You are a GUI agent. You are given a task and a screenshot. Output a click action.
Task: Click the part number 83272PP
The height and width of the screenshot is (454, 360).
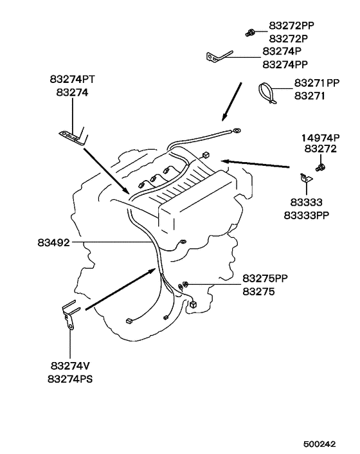tap(291, 26)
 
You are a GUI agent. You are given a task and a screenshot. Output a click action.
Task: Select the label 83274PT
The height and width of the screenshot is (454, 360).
tap(72, 79)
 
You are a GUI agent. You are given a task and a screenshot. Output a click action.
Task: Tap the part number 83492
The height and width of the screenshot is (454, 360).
tap(54, 242)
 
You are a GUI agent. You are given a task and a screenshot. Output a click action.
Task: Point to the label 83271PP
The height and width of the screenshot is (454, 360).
tap(317, 83)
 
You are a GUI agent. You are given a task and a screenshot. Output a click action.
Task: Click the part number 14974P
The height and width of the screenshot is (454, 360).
tap(321, 138)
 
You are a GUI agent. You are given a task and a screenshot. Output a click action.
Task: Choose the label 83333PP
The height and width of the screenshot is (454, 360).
tap(307, 215)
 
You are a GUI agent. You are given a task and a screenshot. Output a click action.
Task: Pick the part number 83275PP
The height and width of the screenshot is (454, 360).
tap(265, 278)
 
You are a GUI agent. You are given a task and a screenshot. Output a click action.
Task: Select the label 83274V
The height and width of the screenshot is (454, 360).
tap(70, 366)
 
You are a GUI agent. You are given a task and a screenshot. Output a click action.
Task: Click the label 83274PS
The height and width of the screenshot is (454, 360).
tap(70, 379)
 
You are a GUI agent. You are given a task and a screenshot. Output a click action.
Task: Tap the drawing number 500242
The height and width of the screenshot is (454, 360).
tap(319, 444)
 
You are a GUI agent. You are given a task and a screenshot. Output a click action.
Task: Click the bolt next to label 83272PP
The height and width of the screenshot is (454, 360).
tap(249, 33)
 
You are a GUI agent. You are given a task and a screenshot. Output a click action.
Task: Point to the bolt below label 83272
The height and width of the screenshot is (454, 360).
tap(320, 167)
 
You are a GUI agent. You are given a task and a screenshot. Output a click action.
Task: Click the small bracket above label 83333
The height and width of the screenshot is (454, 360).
tap(305, 178)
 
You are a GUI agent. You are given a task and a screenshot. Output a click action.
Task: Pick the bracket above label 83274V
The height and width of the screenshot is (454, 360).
tap(69, 314)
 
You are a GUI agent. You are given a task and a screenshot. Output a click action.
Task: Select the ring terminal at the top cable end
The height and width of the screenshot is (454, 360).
tap(236, 131)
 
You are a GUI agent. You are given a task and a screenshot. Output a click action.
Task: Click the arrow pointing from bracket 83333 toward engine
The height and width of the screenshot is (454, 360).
tap(255, 163)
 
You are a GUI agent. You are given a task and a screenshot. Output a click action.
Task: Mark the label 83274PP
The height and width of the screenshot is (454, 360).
tap(285, 64)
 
